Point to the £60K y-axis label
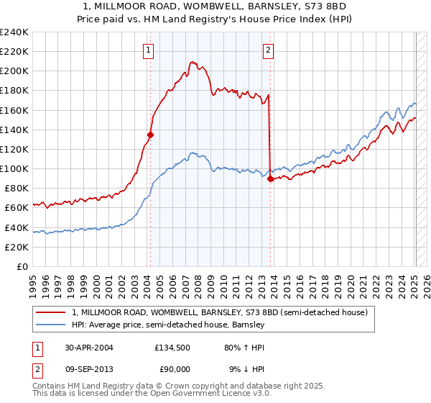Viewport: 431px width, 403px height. click(x=16, y=207)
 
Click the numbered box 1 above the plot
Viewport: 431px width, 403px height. click(x=148, y=50)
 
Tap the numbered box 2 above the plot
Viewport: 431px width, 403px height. click(x=268, y=50)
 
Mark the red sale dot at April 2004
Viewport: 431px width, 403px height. click(x=150, y=134)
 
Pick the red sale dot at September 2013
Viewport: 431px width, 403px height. click(x=270, y=179)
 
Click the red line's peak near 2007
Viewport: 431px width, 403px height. click(x=191, y=62)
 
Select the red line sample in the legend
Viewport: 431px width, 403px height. click(x=52, y=313)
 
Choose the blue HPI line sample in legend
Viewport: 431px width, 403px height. click(x=52, y=325)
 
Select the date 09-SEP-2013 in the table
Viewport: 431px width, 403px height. click(x=90, y=369)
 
